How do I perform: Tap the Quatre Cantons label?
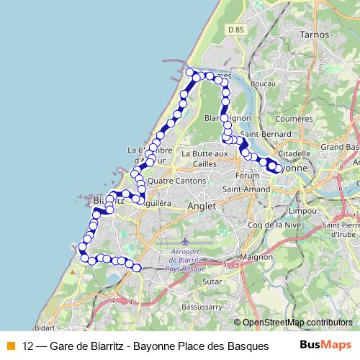click(x=174, y=181)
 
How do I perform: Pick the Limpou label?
click(x=302, y=212)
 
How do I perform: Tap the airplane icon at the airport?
click(x=186, y=239)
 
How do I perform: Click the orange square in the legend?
click(x=9, y=344)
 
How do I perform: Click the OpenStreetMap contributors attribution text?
click(x=297, y=322)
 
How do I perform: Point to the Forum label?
click(x=247, y=175)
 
